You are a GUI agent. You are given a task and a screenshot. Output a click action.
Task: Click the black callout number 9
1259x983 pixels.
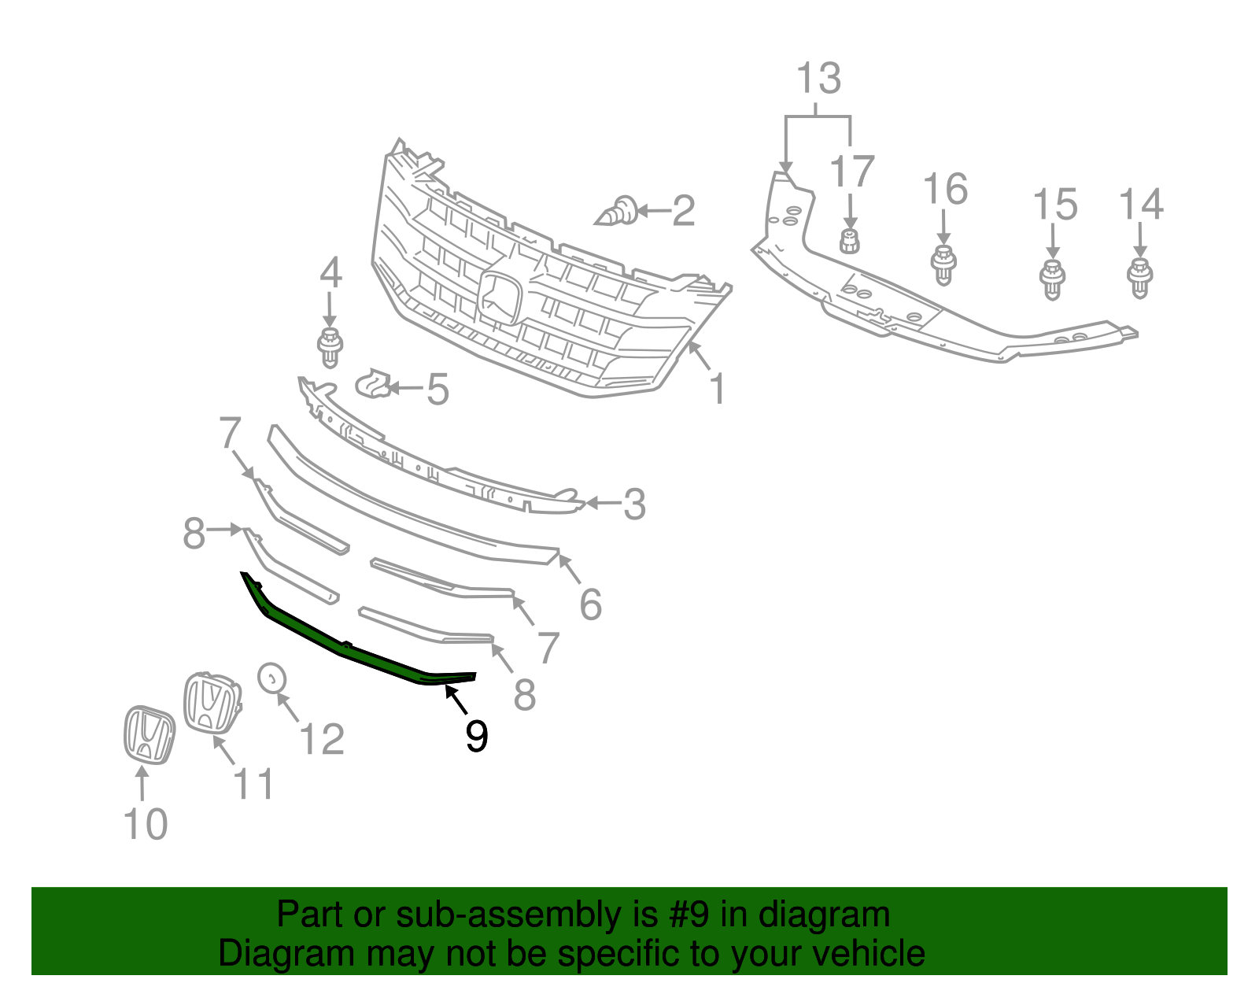coord(477,736)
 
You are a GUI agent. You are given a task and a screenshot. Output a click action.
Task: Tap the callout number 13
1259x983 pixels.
coord(818,79)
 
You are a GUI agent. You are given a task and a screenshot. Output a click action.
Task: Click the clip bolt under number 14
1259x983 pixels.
coord(1139,277)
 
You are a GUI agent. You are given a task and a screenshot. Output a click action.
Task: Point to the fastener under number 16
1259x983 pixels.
coord(943,264)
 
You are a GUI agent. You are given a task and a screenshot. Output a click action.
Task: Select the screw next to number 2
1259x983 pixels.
coord(619,211)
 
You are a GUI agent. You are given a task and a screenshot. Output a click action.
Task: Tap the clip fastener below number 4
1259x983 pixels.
coord(330,346)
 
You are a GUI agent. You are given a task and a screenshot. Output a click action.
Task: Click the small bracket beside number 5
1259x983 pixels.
coord(374,383)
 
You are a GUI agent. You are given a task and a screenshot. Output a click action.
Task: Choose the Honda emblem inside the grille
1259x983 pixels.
coord(500,298)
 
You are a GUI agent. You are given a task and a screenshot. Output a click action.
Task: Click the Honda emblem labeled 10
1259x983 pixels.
coord(149,734)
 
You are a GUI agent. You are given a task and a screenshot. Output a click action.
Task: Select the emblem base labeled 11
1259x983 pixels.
coord(211,703)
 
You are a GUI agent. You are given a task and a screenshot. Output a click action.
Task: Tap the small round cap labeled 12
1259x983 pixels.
coord(272,677)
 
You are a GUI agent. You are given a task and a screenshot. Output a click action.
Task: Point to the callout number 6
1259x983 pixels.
coord(590,604)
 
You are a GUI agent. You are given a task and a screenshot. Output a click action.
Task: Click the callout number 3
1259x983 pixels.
coord(634,504)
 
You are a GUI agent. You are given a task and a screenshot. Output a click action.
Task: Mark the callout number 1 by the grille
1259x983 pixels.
coord(717,390)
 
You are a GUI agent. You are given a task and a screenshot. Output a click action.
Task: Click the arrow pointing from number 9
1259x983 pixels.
coord(456,698)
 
